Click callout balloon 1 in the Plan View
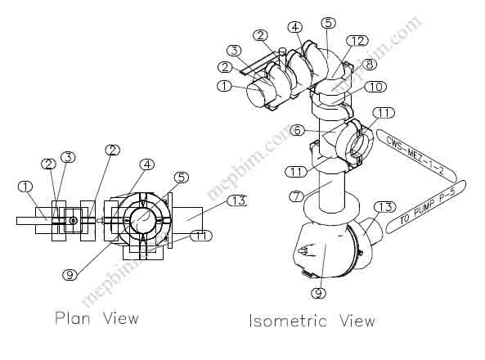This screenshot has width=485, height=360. [x=25, y=187]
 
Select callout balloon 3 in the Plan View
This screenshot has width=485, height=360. [x=68, y=157]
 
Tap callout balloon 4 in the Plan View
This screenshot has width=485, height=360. [x=146, y=164]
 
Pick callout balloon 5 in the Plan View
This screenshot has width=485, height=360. [x=182, y=177]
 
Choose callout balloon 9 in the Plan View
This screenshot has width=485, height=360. [x=70, y=275]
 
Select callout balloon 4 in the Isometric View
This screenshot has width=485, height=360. [x=294, y=27]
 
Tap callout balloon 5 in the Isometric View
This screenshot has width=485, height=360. [x=328, y=22]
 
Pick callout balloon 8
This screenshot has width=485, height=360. [x=370, y=64]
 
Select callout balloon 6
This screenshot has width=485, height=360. [x=298, y=130]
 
